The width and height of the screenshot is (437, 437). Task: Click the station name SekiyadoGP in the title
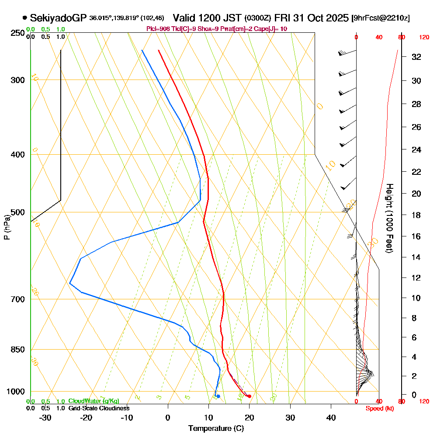click(59, 18)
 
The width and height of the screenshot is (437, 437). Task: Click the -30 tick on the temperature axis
click(45, 417)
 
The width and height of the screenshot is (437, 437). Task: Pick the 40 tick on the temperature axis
click(331, 417)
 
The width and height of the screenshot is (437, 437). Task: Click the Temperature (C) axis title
click(216, 429)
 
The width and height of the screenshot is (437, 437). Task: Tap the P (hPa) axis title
click(7, 227)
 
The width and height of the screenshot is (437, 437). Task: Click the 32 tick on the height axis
click(416, 57)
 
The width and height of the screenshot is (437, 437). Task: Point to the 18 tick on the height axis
click(416, 215)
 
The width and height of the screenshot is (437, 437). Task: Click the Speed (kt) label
click(378, 409)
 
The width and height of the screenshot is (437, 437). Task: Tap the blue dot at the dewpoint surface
click(218, 396)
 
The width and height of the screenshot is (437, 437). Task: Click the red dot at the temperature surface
click(249, 396)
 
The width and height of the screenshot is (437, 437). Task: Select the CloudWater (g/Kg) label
click(94, 401)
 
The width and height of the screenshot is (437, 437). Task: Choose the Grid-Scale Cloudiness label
click(99, 408)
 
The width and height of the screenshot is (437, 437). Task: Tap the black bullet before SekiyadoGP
click(24, 18)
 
